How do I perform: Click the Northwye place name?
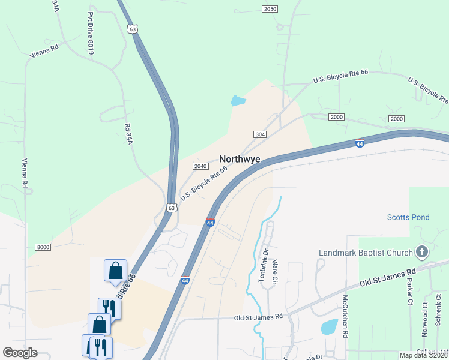[x=240, y=159]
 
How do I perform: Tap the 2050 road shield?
[x=270, y=8]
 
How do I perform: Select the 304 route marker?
[x=260, y=134]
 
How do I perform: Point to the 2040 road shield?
[x=200, y=166]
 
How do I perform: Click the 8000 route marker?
[x=43, y=247]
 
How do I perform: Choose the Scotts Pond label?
[x=408, y=217]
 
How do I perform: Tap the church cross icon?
[x=423, y=252]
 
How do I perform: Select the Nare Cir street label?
[x=275, y=271]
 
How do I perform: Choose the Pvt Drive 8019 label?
[x=91, y=33]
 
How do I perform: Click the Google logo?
[x=20, y=352]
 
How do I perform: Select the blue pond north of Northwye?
[x=238, y=101]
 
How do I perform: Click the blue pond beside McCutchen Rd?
[x=329, y=327]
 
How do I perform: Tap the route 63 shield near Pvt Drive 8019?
[x=132, y=28]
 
